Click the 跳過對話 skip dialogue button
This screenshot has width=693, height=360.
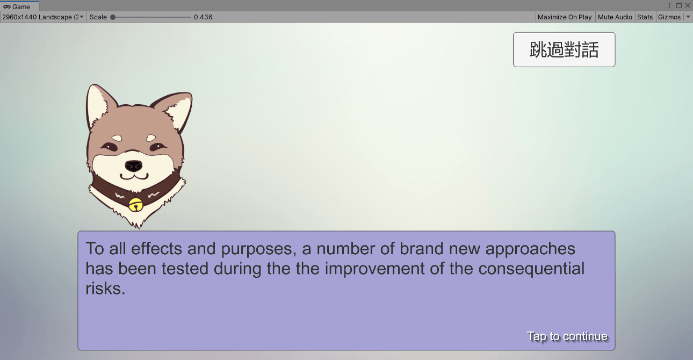tap(564, 49)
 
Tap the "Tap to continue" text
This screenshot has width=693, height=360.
tap(567, 336)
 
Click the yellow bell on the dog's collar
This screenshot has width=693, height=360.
tap(135, 205)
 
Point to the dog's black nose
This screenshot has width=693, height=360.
tap(134, 166)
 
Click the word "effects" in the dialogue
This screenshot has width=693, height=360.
tap(156, 249)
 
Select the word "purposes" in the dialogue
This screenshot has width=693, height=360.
tap(256, 249)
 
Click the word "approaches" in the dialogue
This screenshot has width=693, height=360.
tap(530, 249)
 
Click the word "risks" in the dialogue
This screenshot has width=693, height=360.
tap(105, 289)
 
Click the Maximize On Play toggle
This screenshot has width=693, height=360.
tap(565, 17)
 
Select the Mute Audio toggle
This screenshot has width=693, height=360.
tap(615, 17)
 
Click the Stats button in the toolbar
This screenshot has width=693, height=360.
tap(645, 17)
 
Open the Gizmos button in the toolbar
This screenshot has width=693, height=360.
tap(669, 17)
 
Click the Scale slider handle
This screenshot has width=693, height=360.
tap(113, 17)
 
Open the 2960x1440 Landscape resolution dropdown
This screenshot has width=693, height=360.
tap(42, 17)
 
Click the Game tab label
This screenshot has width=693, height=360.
tap(21, 7)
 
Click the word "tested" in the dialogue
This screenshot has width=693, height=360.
tap(185, 269)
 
